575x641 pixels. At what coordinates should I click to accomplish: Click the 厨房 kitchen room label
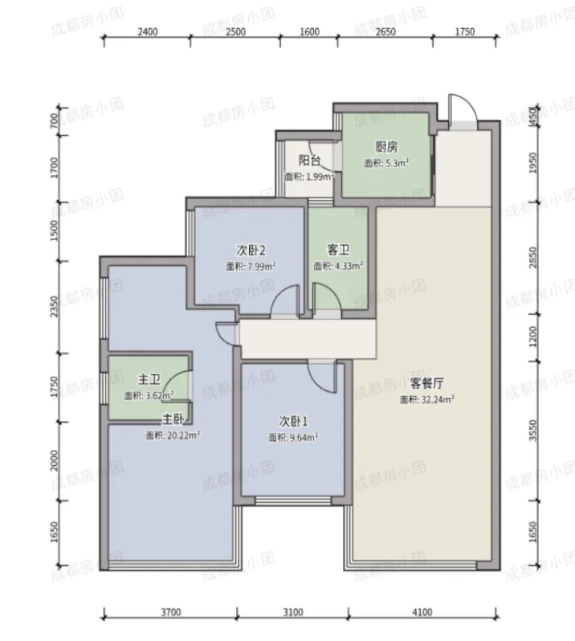[386, 146]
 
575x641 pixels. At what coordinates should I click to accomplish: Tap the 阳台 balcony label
[309, 161]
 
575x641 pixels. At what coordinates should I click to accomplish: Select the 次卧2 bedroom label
[251, 250]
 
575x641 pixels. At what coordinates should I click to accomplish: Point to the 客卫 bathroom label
[338, 250]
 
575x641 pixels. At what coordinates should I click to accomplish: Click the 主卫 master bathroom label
[149, 379]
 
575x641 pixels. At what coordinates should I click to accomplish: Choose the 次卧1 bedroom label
[293, 421]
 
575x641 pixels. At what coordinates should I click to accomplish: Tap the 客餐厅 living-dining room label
[426, 383]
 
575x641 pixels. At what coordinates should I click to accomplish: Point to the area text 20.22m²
[183, 435]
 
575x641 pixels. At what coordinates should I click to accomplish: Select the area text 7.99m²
[262, 267]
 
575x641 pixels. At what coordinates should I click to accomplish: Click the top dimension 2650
[385, 31]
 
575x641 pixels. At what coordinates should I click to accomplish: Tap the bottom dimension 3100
[293, 612]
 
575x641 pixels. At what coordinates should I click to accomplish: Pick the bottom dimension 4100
[422, 612]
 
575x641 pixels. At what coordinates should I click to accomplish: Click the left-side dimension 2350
[55, 307]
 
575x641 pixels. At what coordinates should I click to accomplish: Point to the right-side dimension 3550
[533, 431]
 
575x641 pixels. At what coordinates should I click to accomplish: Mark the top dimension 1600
[309, 31]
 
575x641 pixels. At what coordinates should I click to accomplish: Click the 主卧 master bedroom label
[173, 419]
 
